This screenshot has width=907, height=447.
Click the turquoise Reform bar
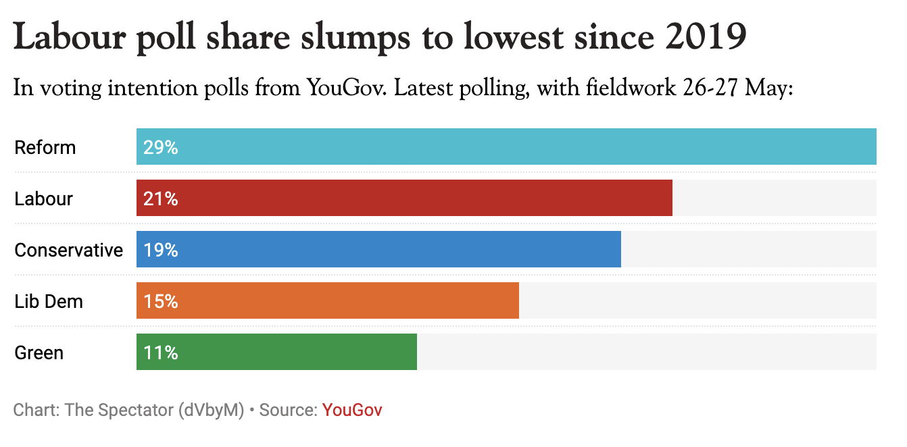point(506,147)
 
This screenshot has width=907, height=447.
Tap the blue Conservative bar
point(378,249)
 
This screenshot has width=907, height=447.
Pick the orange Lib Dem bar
point(328,300)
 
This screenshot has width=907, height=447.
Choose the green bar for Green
point(276,352)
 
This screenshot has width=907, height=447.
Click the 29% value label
point(160,147)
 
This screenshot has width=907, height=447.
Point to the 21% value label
point(160,199)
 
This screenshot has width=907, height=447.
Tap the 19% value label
point(160,250)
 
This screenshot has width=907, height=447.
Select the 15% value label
point(160,301)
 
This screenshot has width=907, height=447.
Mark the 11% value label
point(160,352)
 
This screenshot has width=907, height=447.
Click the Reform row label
point(45,147)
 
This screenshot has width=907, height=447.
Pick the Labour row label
point(44,199)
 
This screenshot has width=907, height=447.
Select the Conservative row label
point(69,250)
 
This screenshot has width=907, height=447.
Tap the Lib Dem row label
point(49,301)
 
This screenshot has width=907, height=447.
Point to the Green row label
point(39,352)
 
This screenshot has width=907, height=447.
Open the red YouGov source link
point(352,410)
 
